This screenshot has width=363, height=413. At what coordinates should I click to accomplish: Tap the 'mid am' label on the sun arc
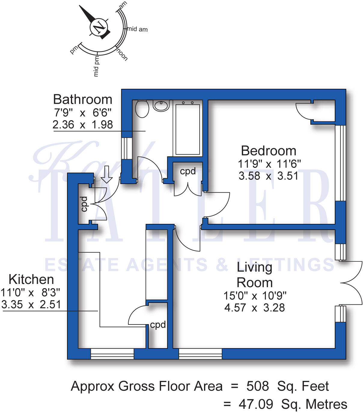[138, 29]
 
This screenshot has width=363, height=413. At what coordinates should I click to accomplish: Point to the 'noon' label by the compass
[122, 54]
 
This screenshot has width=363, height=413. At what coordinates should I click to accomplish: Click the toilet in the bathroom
[142, 109]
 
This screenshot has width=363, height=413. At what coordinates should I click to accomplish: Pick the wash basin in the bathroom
[161, 106]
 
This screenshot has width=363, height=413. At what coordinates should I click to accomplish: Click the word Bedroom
[269, 151]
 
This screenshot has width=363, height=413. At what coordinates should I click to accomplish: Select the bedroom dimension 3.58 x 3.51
[269, 176]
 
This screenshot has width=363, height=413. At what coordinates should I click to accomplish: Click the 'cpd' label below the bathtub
[188, 171]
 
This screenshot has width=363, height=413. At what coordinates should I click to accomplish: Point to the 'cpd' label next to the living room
[158, 325]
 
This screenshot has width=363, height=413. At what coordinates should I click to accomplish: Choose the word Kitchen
[31, 279]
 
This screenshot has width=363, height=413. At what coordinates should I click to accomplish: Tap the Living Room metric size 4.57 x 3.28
[255, 308]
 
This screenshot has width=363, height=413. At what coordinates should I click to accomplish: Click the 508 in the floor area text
[258, 386]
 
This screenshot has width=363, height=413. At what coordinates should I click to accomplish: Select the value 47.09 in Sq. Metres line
[256, 404]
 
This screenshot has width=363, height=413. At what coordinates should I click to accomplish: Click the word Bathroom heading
[83, 99]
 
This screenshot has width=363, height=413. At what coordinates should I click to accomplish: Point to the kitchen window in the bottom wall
[112, 354]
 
